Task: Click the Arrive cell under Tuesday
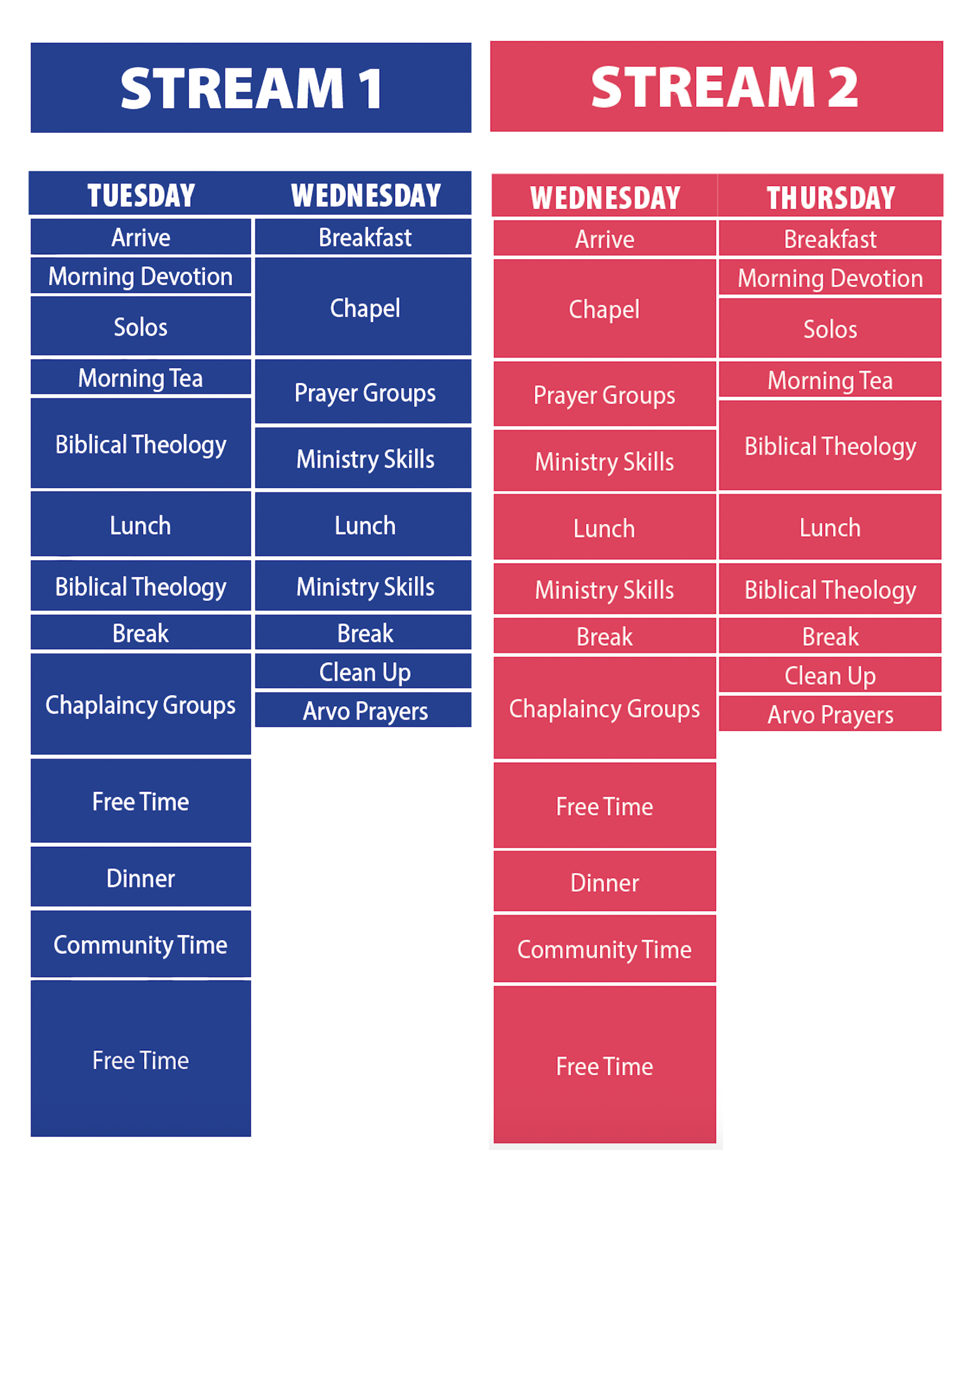coord(141,237)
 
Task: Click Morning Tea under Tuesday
coord(141,378)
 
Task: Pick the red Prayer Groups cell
coord(604,395)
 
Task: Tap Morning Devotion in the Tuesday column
coord(141,276)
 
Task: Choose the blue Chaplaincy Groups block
coord(141,705)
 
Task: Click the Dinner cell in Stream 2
coord(604,883)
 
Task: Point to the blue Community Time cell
coord(141,945)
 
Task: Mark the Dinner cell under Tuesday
coord(141,878)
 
